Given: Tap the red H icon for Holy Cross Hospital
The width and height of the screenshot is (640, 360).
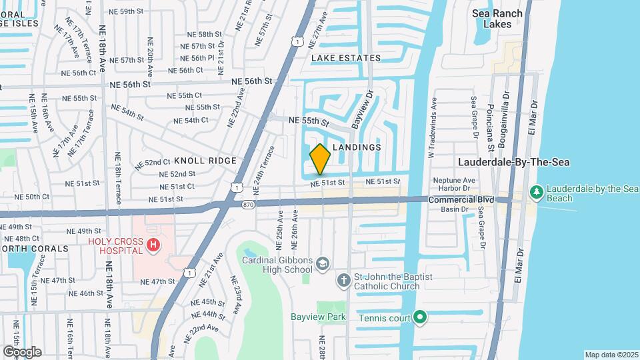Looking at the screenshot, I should [154, 246].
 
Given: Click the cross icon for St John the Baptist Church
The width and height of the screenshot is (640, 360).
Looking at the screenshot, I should [343, 280].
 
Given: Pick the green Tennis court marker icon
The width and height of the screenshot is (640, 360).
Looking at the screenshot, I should [420, 317].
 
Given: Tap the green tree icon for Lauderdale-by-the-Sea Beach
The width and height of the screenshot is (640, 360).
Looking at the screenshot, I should [536, 192].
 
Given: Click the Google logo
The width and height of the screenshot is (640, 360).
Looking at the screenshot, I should [22, 351].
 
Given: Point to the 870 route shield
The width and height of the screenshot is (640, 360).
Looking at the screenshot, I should [248, 204].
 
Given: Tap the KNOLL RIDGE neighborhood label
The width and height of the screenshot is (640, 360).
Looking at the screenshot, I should [205, 161].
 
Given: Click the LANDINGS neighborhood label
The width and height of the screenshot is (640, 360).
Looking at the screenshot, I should [356, 147].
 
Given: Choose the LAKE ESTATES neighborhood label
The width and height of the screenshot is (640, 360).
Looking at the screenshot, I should [346, 58].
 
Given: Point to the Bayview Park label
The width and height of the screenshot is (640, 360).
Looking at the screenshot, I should [318, 317].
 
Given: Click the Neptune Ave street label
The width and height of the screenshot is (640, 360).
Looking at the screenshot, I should [454, 180].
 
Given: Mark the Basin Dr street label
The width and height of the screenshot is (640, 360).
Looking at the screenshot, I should [455, 209].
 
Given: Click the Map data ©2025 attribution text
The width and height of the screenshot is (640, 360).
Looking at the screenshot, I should [611, 355].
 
